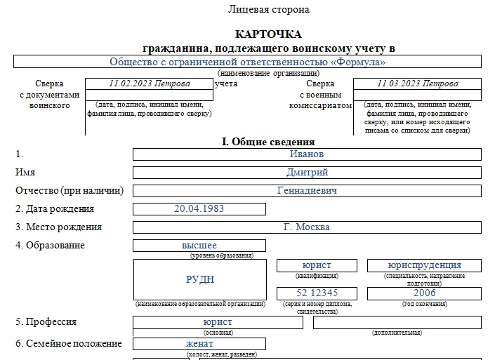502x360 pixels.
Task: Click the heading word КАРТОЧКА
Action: (268, 34)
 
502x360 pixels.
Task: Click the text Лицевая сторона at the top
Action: (268, 10)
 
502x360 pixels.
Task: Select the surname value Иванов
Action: (307, 154)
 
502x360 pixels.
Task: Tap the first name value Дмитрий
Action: (307, 173)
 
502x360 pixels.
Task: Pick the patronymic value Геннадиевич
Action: (307, 191)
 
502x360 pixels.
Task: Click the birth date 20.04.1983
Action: (199, 209)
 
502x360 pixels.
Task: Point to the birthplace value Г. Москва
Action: (307, 227)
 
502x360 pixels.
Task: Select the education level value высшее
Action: (199, 246)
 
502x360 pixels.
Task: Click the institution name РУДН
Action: (200, 279)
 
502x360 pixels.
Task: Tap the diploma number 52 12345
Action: (317, 293)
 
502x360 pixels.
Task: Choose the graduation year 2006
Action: (424, 293)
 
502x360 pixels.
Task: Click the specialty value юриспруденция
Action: (424, 265)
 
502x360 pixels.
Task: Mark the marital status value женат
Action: (199, 344)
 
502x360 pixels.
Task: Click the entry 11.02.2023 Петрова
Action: (150, 84)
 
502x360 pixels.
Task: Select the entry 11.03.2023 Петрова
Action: (417, 84)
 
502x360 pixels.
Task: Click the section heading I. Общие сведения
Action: (268, 142)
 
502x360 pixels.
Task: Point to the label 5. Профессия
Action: (46, 322)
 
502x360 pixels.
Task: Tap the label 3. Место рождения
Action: (58, 227)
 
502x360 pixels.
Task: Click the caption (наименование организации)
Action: (268, 73)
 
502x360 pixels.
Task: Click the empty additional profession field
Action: (397, 323)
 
